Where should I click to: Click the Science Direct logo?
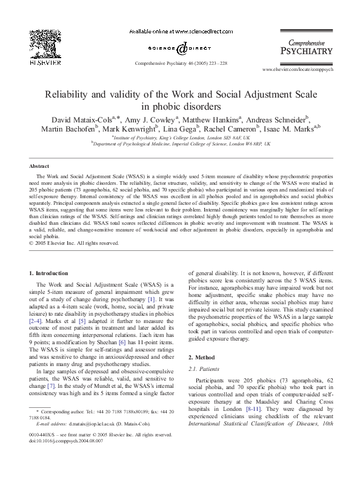pyautogui.click(x=180, y=47)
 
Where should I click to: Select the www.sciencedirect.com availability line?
pyautogui.click(x=180, y=31)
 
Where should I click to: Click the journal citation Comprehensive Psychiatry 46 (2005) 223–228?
pyautogui.click(x=180, y=63)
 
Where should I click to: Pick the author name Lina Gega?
pyautogui.click(x=198, y=129)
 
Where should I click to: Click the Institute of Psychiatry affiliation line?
pyautogui.click(x=180, y=138)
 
